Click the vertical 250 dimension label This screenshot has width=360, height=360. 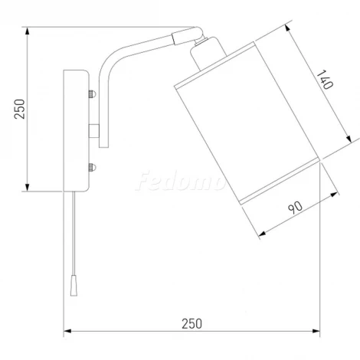coord(19,109)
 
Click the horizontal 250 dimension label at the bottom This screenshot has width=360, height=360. coord(191,324)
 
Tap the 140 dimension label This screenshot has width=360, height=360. coord(325,80)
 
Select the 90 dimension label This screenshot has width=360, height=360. coord(295,208)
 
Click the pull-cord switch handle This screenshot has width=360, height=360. coord(74,286)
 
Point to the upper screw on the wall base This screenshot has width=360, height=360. coord(92,94)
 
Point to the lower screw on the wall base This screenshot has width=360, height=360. coord(92,168)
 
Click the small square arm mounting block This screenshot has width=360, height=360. coord(94,131)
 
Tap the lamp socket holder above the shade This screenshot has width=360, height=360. coord(208,52)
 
